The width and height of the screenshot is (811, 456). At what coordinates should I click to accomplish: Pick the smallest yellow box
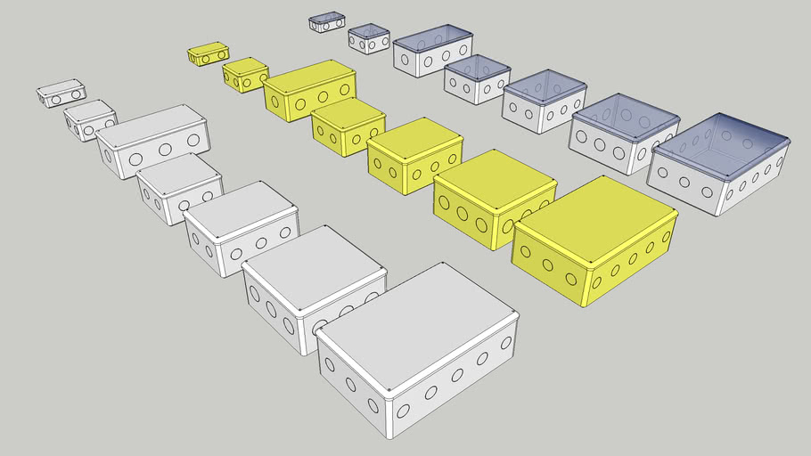(x=208, y=53)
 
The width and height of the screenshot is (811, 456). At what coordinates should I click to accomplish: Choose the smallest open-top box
(x=326, y=21)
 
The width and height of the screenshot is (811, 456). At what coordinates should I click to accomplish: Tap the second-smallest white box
(x=90, y=118)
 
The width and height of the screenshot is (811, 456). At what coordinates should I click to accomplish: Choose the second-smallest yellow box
(x=245, y=74)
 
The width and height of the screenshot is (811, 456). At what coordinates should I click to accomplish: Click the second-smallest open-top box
(x=369, y=38)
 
